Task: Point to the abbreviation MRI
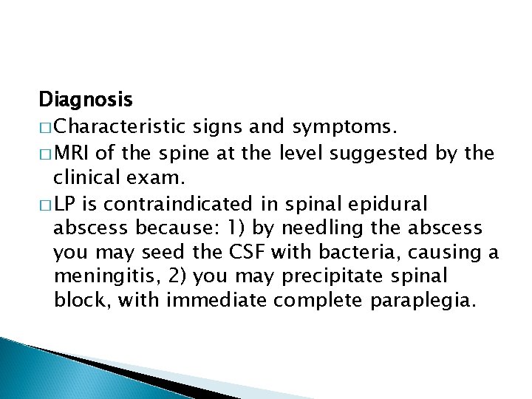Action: coord(73,154)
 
